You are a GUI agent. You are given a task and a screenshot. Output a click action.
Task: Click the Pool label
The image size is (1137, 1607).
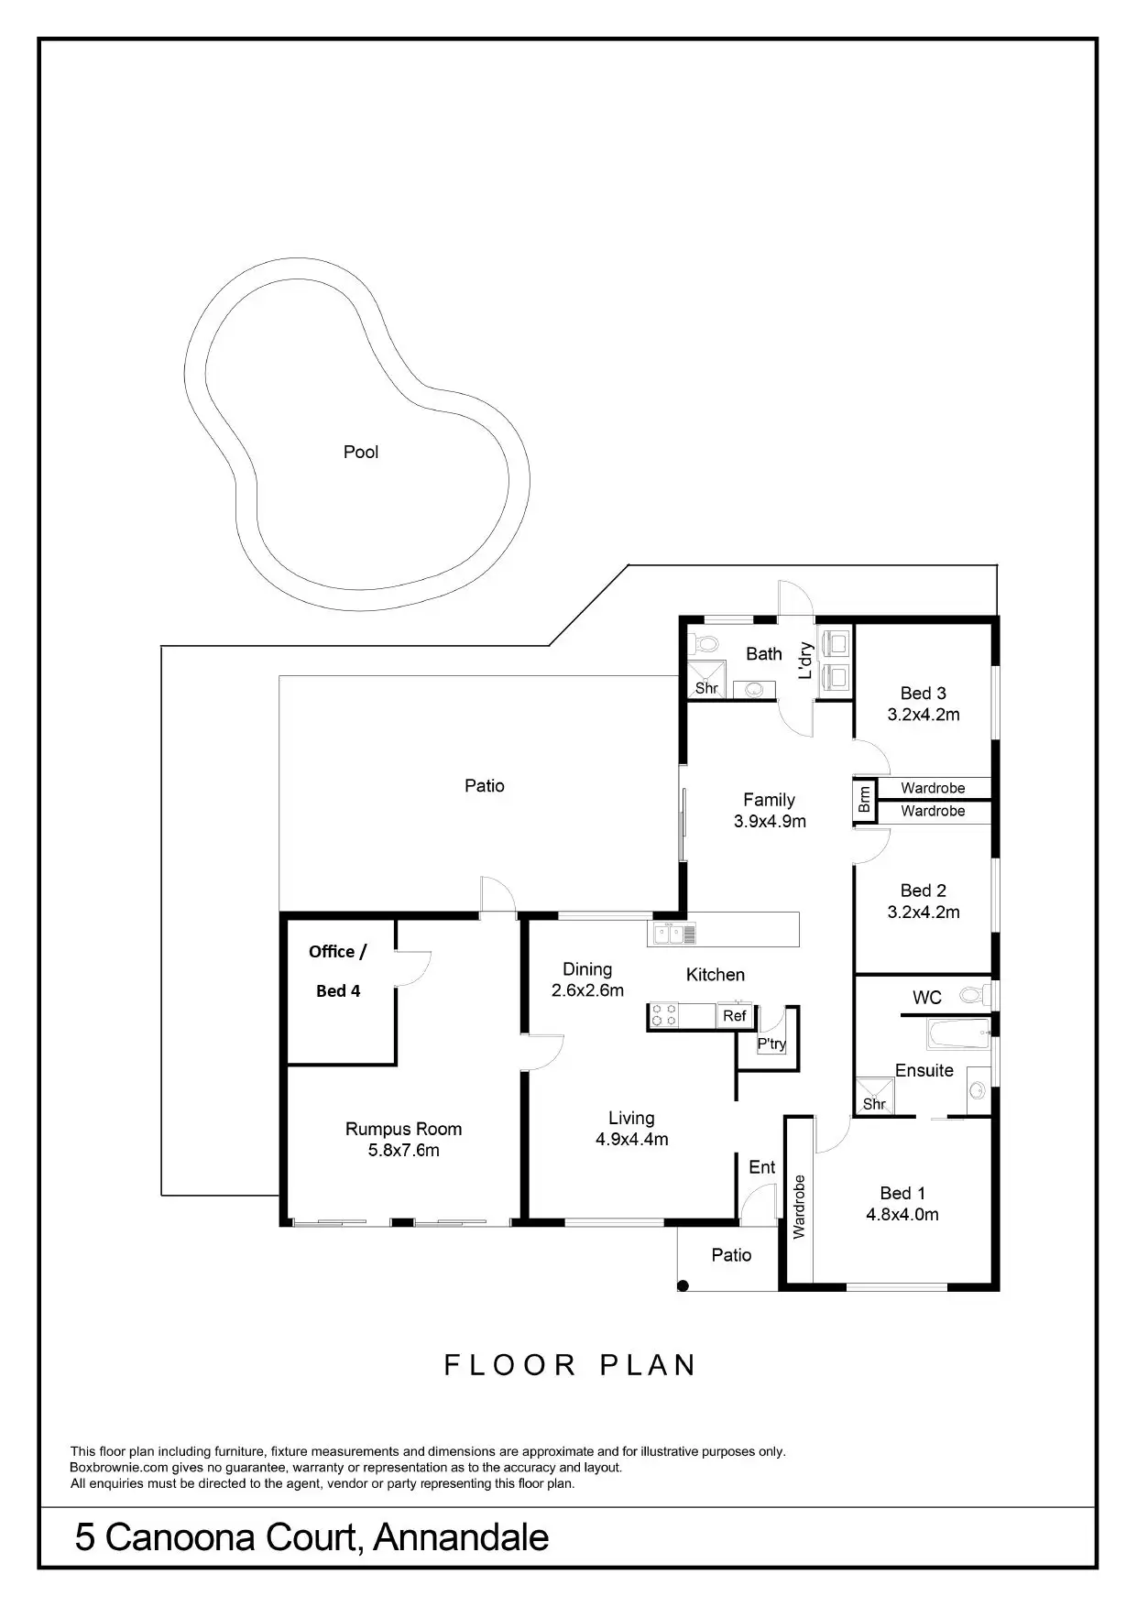[x=360, y=452]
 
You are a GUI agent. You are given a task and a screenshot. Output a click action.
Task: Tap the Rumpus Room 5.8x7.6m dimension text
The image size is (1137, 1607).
[x=403, y=1151]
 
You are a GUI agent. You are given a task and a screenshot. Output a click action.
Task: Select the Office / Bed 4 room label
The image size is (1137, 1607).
[x=337, y=971]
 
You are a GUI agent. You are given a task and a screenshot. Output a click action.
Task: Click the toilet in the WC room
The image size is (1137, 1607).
[x=975, y=994]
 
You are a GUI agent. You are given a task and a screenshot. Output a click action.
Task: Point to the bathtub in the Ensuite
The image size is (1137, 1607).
[x=958, y=1034]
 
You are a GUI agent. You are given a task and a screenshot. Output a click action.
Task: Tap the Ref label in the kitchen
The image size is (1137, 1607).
[x=735, y=1016]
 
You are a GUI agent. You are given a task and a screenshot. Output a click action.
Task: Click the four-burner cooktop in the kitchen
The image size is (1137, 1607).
[x=665, y=1016]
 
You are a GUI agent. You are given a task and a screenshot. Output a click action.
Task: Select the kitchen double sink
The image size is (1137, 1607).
[x=672, y=934]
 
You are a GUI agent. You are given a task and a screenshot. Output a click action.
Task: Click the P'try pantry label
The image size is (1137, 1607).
[x=771, y=1044]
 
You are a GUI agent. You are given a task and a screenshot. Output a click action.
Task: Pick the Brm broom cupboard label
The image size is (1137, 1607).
[x=864, y=800]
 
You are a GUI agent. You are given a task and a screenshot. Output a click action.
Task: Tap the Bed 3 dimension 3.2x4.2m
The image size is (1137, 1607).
[x=924, y=715]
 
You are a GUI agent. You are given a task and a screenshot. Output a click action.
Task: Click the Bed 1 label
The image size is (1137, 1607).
[x=902, y=1193]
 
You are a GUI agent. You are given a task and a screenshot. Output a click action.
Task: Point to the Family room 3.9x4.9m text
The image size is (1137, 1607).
[x=770, y=822]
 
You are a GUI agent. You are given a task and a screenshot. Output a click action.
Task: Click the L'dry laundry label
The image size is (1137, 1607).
[x=805, y=661]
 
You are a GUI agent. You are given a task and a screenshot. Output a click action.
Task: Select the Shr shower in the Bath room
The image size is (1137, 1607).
[x=706, y=687]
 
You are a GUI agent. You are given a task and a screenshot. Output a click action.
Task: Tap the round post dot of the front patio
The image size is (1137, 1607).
[x=683, y=1285]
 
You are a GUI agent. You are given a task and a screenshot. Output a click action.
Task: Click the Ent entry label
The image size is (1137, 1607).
[x=762, y=1167]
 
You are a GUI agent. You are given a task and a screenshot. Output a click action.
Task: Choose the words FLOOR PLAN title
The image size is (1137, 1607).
[x=570, y=1365]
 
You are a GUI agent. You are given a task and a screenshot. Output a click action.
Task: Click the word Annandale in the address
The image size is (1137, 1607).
[x=461, y=1536]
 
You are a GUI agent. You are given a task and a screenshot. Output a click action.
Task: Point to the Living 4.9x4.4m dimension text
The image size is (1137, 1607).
[x=631, y=1140]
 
